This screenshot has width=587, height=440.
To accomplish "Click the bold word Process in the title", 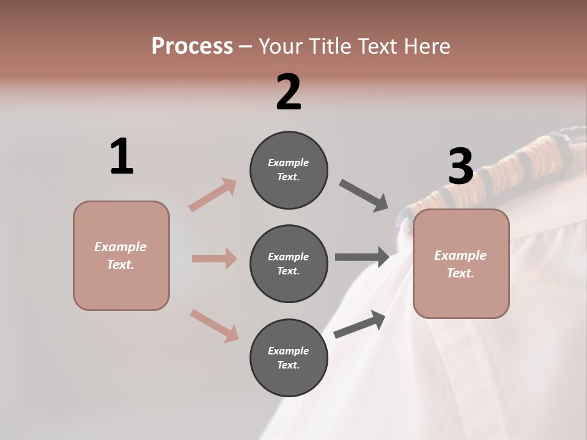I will (192, 46).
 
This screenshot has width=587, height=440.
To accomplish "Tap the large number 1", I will (122, 157).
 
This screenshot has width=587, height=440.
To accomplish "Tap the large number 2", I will (289, 92).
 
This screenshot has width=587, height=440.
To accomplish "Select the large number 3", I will (460, 167).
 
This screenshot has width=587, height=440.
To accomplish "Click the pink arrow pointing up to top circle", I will (213, 195).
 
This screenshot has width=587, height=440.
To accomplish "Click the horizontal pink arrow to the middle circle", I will (214, 258).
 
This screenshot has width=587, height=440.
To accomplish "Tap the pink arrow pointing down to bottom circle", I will (214, 326).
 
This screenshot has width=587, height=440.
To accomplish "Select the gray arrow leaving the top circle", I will (363, 196).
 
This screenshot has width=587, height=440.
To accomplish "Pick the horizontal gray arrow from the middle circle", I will (361, 257).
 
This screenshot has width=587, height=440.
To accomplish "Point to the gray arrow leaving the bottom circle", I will (360, 324).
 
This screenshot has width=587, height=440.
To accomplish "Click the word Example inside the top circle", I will (288, 163).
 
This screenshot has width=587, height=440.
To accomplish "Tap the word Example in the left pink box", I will (120, 247).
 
